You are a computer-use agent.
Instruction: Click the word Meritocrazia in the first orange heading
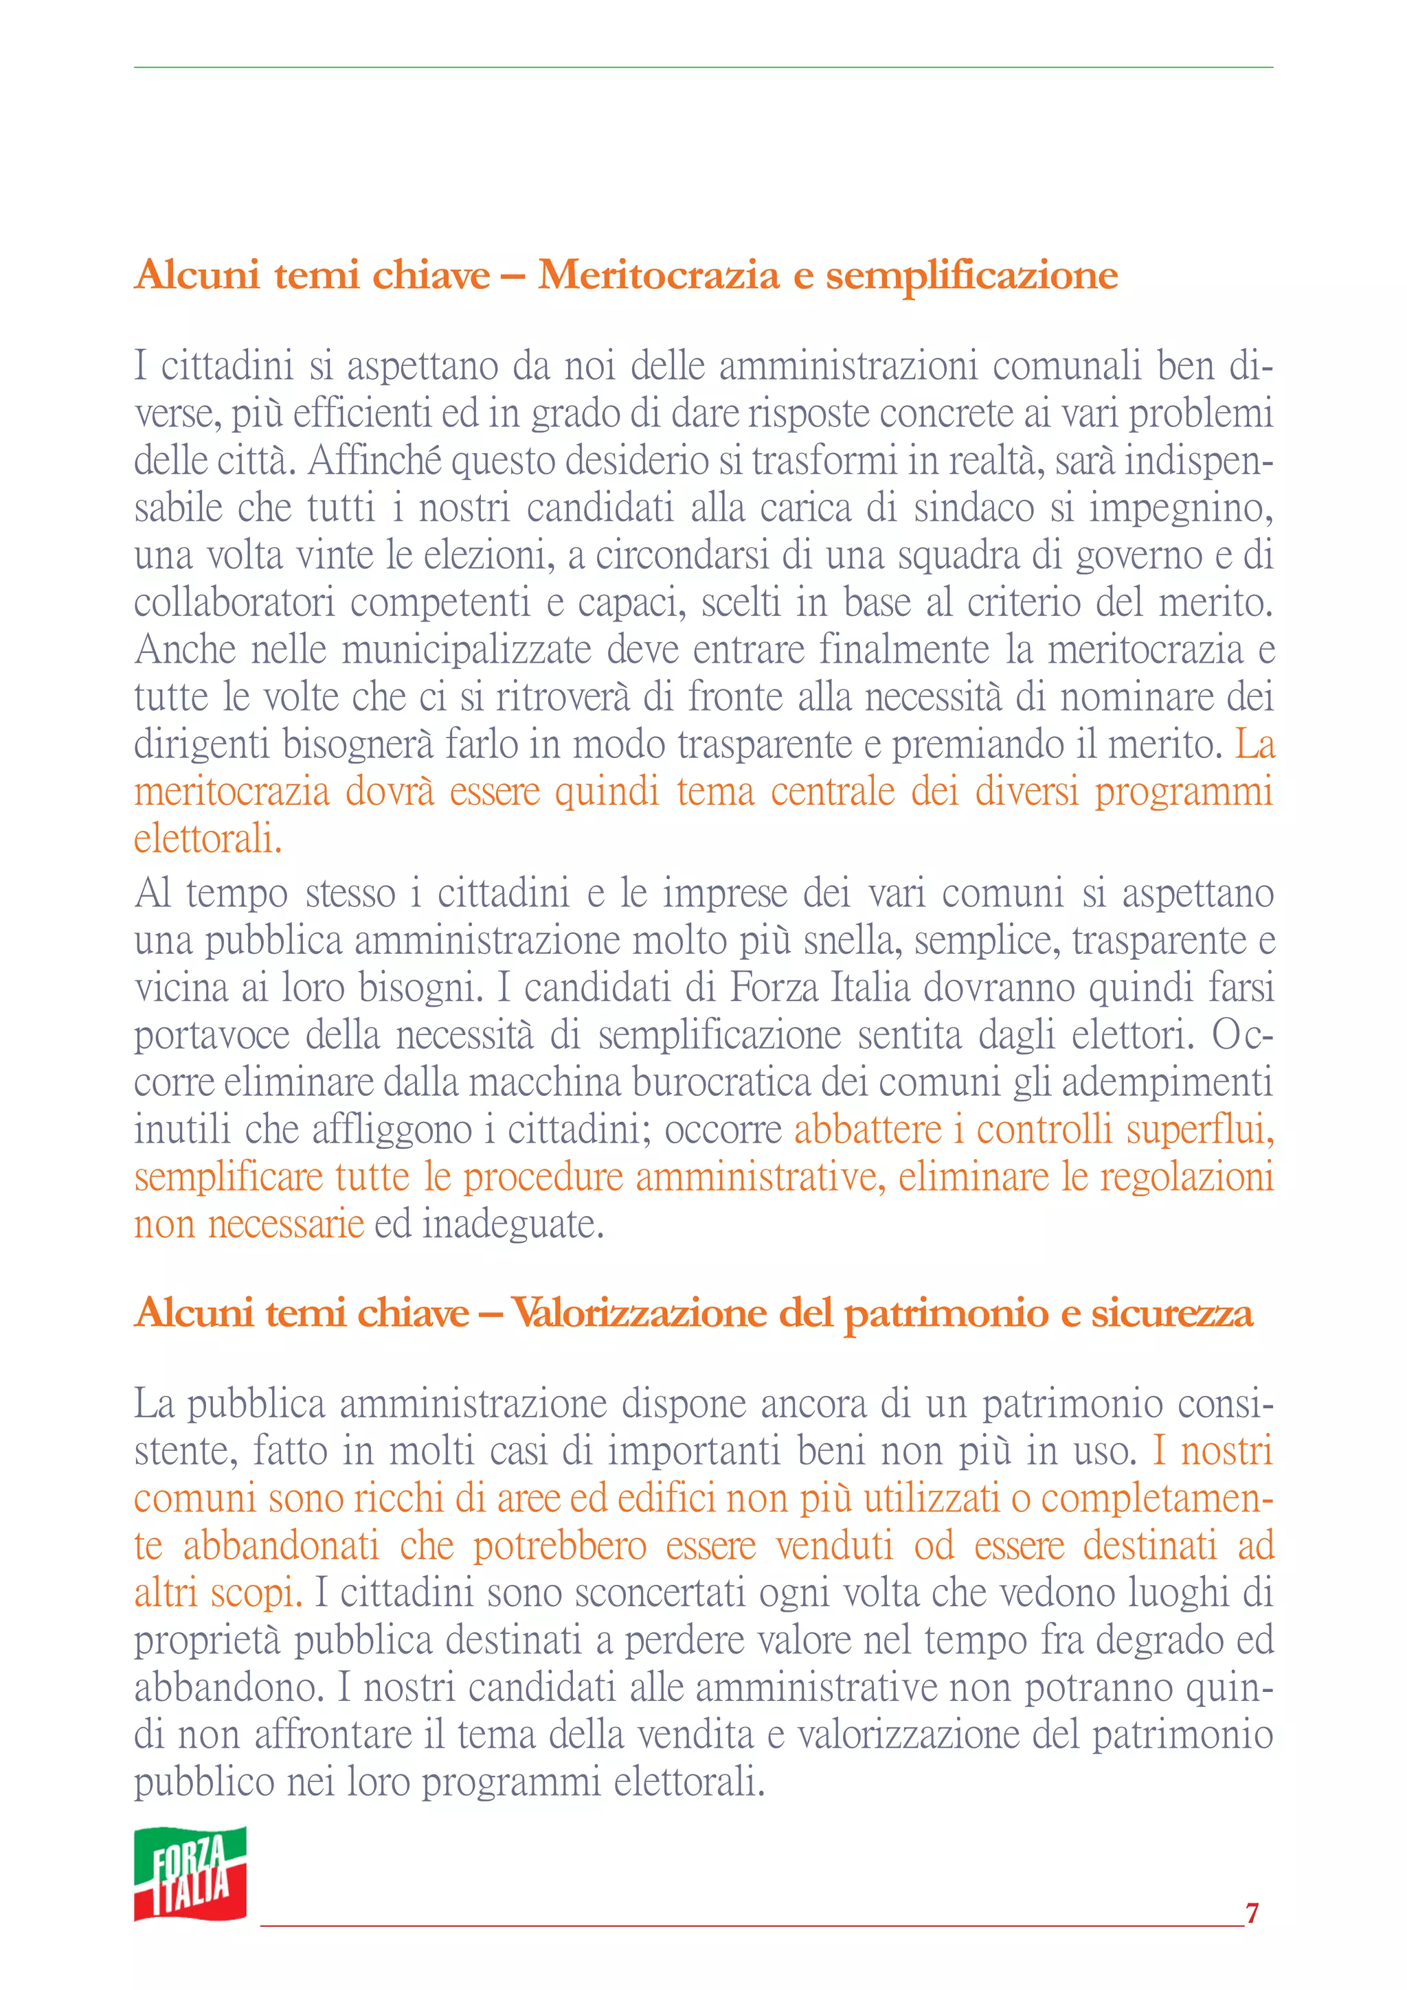[x=658, y=275]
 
